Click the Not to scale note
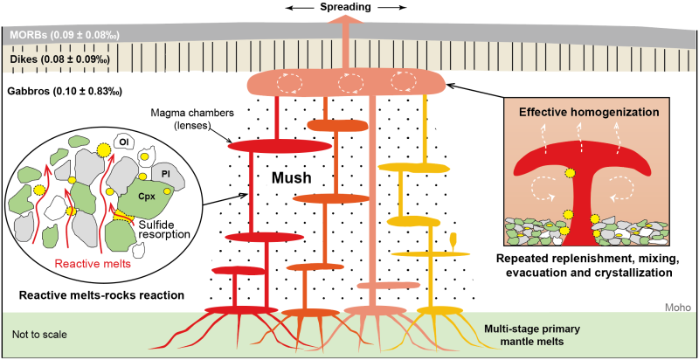(39, 333)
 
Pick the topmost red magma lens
(271, 145)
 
